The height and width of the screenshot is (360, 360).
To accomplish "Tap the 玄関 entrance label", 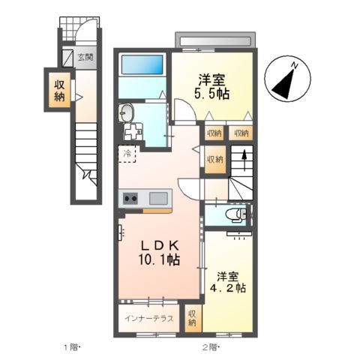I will pyautogui.click(x=84, y=55).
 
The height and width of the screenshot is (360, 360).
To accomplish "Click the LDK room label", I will pyautogui.click(x=159, y=246).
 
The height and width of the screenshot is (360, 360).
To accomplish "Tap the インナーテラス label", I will pyautogui.click(x=149, y=318).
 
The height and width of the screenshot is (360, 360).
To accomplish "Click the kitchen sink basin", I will pyautogui.click(x=158, y=199).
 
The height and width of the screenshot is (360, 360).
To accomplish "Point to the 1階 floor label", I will pyautogui.click(x=71, y=347).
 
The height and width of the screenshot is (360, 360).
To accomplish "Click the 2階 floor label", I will pyautogui.click(x=209, y=347).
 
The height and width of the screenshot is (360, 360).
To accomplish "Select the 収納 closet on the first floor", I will pyautogui.click(x=58, y=90).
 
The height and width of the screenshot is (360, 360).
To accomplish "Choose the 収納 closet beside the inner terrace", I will pyautogui.click(x=192, y=317).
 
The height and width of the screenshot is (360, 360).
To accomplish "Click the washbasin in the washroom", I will pyautogui.click(x=127, y=115).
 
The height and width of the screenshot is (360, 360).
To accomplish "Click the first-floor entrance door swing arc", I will pyautogui.click(x=87, y=31).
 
